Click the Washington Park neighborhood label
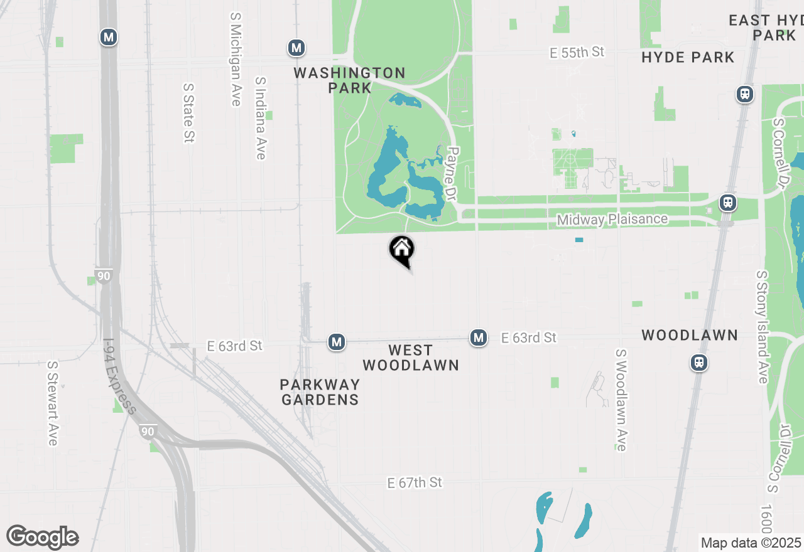[x=349, y=80]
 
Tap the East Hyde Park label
[x=766, y=28]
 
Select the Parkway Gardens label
[x=320, y=391]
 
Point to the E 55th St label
[x=577, y=53]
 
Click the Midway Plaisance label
[x=612, y=220]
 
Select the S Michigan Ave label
[x=236, y=60]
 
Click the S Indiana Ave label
[x=261, y=118]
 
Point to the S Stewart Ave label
[x=53, y=403]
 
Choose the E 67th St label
[x=415, y=482]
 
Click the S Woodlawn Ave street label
[x=621, y=400]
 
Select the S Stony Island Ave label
[x=763, y=327]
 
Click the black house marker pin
[x=402, y=250]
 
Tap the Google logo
[x=42, y=538]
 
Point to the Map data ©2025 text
[x=751, y=543]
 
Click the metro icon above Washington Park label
[x=296, y=48]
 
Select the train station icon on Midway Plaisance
[x=728, y=203]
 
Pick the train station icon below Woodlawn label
[x=699, y=362]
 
